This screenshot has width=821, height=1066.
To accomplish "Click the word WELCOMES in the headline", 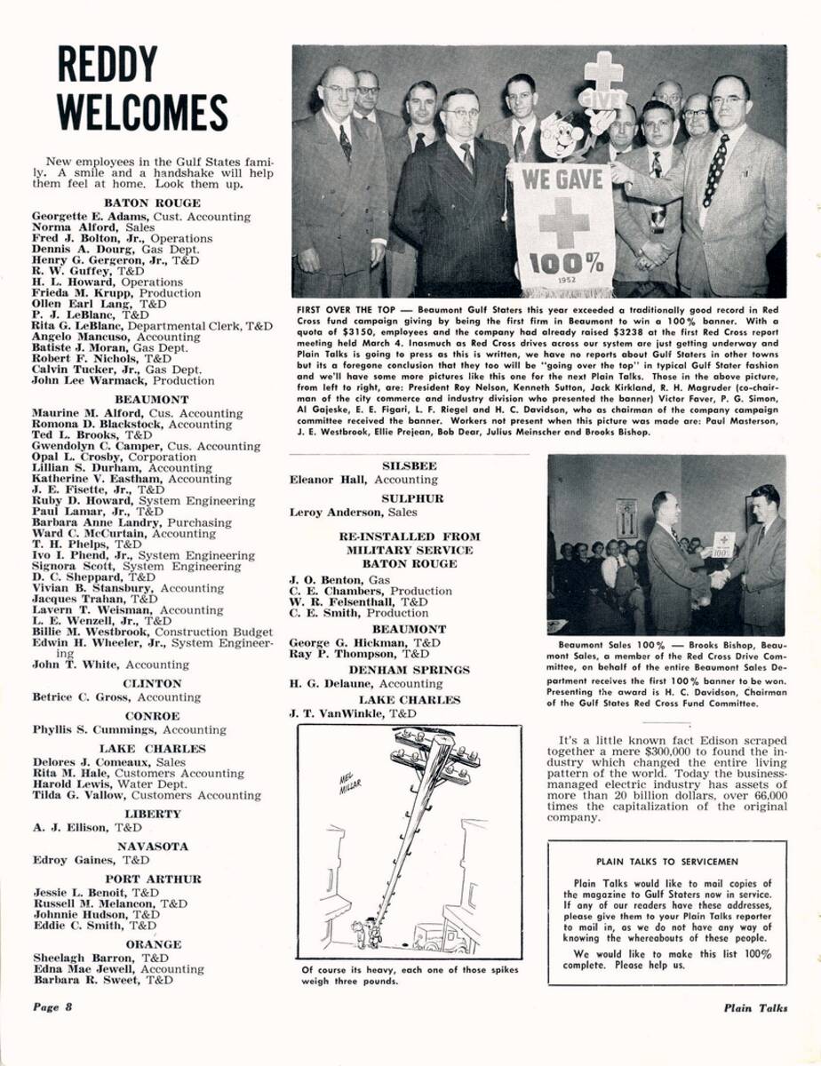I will (x=142, y=113).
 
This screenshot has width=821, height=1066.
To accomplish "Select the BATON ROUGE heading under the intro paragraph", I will (x=153, y=203).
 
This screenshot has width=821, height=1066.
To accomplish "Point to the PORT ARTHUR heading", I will (x=153, y=879).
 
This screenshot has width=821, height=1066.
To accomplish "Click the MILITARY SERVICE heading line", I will (x=410, y=550).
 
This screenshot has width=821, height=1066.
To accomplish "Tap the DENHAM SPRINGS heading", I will (x=409, y=670).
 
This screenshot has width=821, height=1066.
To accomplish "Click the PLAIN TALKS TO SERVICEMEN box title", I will (x=666, y=861).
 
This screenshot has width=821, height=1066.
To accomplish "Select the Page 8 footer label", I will (x=52, y=1007).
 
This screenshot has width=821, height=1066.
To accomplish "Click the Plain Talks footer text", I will (x=754, y=1008).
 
